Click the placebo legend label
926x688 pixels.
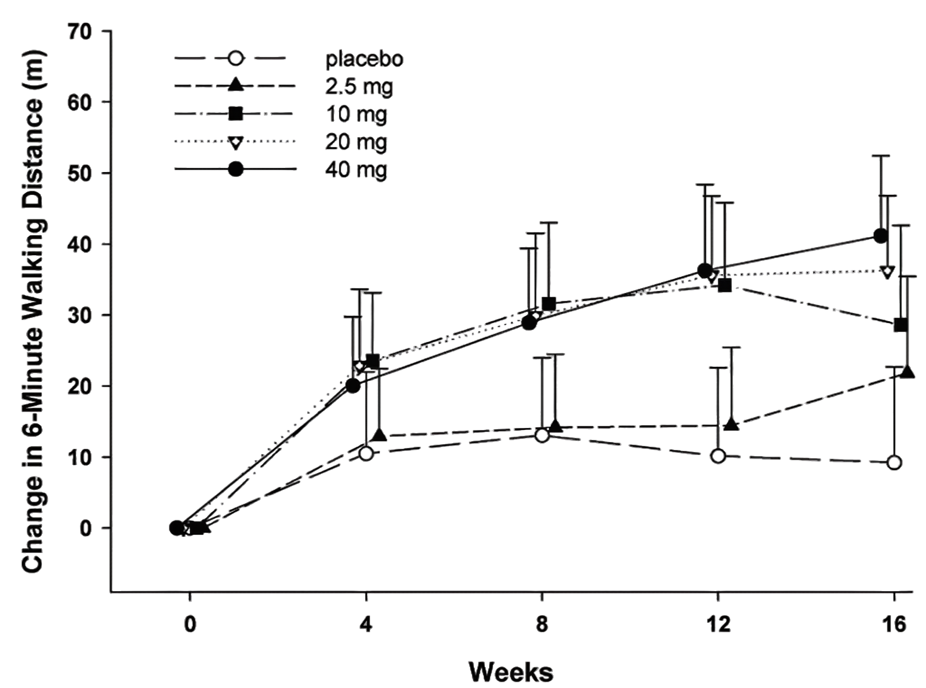(x=364, y=59)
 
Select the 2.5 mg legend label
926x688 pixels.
(x=359, y=87)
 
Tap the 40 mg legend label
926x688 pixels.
(x=356, y=170)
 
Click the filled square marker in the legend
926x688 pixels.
(x=236, y=114)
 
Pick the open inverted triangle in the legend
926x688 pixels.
(x=236, y=142)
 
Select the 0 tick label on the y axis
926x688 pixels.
(x=86, y=529)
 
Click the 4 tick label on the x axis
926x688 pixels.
(x=366, y=624)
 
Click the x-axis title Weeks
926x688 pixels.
(x=510, y=672)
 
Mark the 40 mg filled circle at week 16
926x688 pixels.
(x=881, y=236)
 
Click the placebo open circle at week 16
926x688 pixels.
(x=894, y=462)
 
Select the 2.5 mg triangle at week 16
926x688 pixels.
(x=907, y=372)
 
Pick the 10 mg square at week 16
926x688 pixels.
(x=900, y=325)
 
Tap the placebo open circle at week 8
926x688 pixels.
(x=542, y=435)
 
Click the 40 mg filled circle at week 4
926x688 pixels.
(x=353, y=386)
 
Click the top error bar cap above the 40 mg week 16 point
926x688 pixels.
(x=881, y=156)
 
